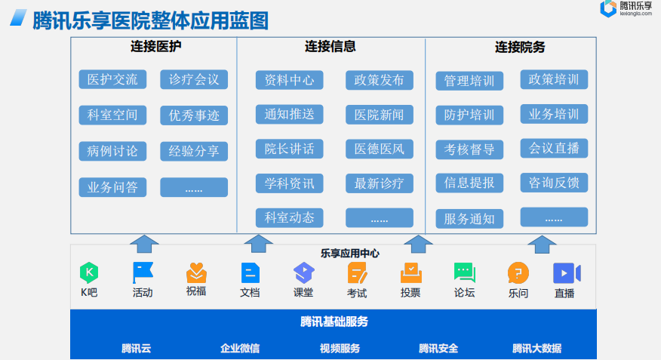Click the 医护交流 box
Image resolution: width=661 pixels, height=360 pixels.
point(112,79)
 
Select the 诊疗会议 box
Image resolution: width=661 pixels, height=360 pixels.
point(194,79)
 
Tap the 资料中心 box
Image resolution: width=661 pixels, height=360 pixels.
point(289,80)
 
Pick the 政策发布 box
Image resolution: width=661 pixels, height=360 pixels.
point(380,80)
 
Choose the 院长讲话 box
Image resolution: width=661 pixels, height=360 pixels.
point(289,149)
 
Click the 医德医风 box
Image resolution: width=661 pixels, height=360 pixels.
point(380,149)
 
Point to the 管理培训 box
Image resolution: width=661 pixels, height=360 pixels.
point(469,81)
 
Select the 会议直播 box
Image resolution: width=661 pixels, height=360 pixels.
point(554,148)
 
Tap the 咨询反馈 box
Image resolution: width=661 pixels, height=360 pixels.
point(554,183)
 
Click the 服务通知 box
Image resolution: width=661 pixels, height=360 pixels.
point(469,219)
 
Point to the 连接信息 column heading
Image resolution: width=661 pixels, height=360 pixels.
point(330,47)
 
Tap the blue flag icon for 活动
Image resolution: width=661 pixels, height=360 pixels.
point(143,272)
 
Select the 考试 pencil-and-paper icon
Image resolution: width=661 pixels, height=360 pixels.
point(357,272)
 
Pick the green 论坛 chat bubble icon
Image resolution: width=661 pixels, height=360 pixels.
point(464,272)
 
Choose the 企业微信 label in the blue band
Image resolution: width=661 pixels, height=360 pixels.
point(240,348)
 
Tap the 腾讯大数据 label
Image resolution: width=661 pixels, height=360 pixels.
point(536,348)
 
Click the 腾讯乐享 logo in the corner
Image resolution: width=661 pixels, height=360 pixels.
point(627,8)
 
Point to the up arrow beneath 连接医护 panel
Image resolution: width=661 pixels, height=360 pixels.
point(144,243)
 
